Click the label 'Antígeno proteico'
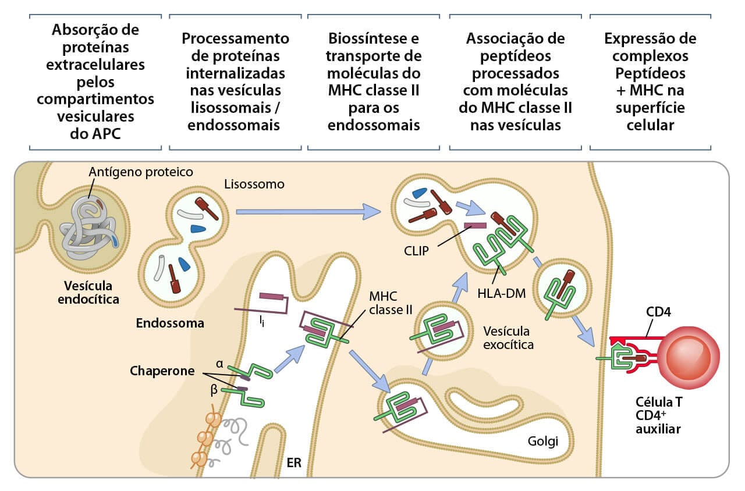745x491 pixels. [140, 172]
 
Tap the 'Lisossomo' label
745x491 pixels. [254, 184]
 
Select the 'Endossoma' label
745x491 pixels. [170, 323]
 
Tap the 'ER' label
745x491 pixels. [293, 464]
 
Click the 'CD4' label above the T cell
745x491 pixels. [658, 312]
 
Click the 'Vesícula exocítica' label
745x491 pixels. [507, 337]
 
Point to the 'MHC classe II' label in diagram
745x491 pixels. [386, 302]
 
